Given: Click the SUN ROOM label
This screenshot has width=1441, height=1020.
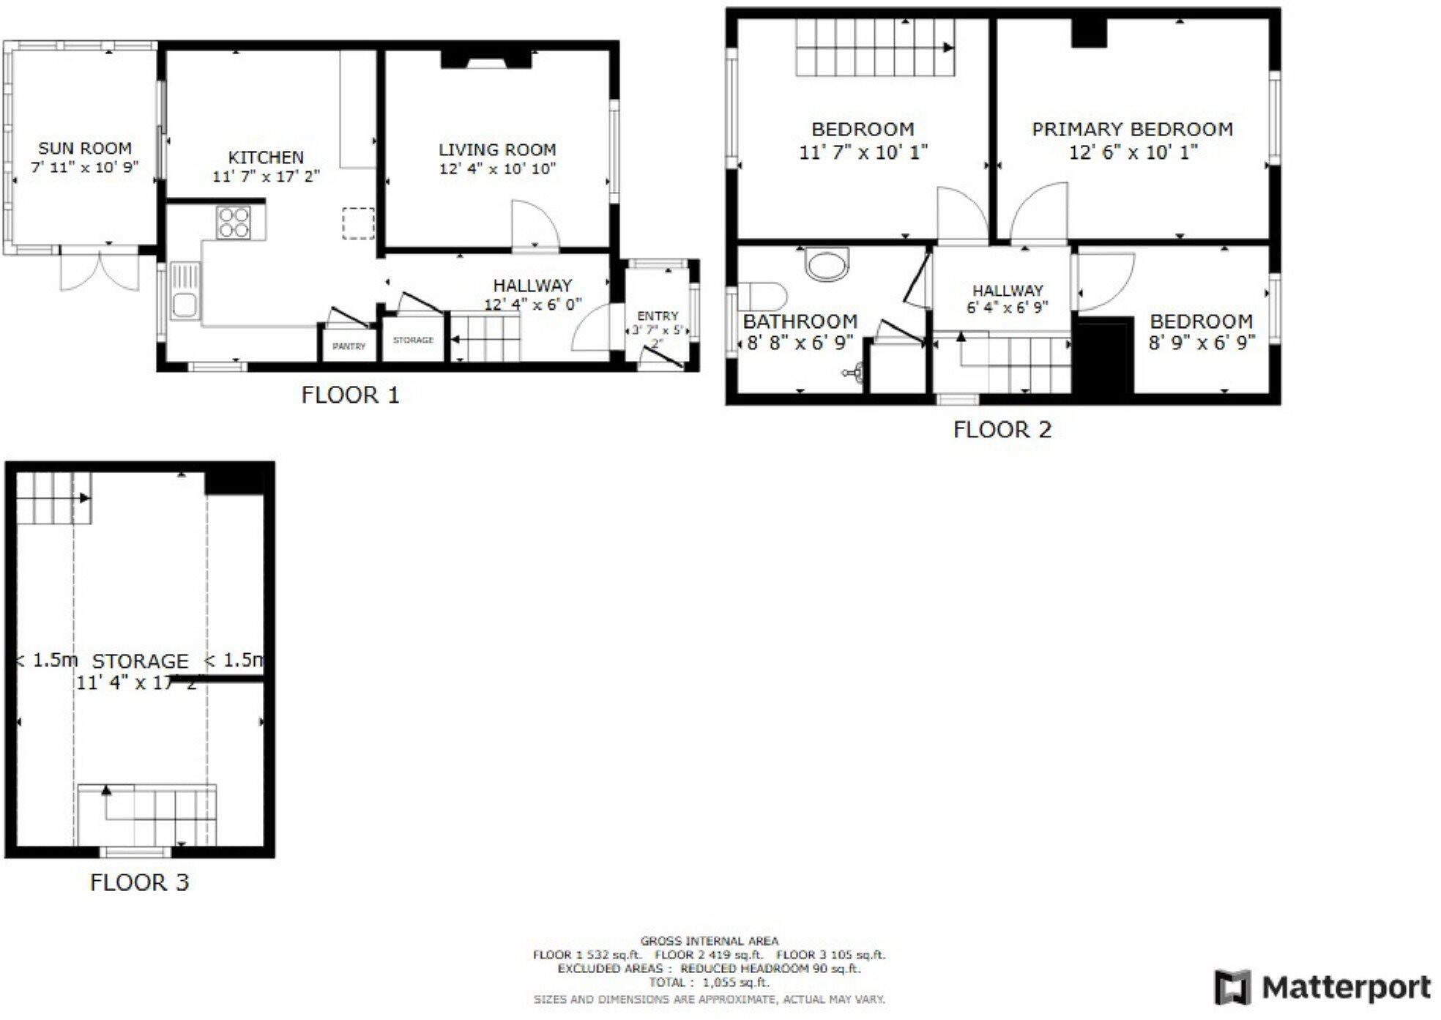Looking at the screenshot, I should [85, 149].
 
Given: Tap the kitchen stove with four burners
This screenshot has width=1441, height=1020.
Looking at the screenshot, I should [234, 223].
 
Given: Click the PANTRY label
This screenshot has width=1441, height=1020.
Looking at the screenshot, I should [349, 346].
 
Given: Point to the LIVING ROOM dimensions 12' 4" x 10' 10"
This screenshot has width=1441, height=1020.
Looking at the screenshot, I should [497, 169].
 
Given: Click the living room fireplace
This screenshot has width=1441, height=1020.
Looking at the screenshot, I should [485, 59].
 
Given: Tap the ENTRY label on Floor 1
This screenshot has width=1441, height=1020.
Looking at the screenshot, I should [658, 316].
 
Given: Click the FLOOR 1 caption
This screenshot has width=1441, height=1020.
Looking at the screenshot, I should [350, 395].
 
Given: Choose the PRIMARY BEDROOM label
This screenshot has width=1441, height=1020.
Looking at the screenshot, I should [1132, 130].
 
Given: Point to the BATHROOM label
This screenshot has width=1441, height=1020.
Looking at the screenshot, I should [800, 321].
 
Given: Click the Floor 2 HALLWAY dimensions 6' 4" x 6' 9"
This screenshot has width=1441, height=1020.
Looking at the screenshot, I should [1008, 308].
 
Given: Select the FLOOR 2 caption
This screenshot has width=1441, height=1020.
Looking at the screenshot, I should [1002, 429].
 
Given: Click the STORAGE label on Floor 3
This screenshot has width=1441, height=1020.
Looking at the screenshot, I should [140, 661].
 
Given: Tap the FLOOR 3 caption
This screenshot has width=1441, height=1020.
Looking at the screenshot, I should [139, 882].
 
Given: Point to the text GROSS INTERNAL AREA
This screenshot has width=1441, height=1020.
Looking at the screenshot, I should [709, 941].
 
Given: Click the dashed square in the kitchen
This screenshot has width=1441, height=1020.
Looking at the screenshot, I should [358, 223].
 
